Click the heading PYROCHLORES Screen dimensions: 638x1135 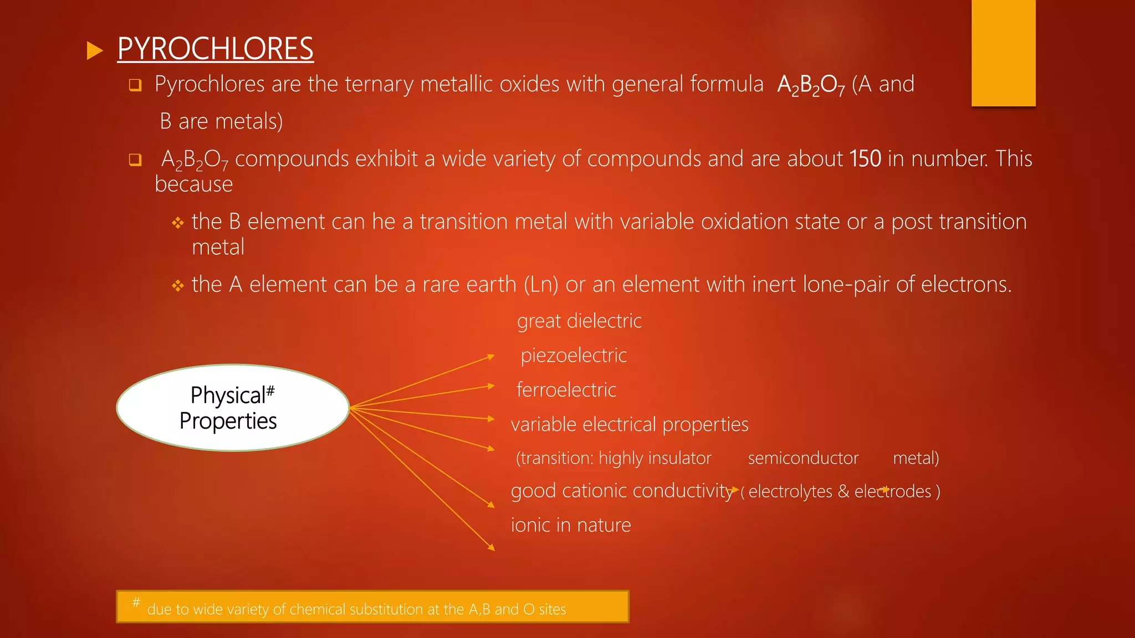pos(215,49)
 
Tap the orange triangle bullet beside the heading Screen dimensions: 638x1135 pos(95,51)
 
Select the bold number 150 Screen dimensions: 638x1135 pos(865,159)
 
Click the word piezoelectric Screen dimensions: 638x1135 pos(574,356)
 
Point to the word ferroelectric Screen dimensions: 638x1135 pos(566,390)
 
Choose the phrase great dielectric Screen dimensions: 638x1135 pos(579,321)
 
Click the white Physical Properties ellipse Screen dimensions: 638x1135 pos(232,408)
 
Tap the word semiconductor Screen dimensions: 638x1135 pos(803,458)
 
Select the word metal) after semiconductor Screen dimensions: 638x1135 pos(916,458)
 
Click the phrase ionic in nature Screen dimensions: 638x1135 pos(571,525)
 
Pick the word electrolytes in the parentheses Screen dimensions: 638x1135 pos(790,491)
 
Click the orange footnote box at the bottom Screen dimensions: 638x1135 pos(372,606)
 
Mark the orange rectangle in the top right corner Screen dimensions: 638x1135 pos(1003,53)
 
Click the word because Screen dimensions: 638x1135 pos(193,184)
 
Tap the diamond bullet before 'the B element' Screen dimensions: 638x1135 pos(177,223)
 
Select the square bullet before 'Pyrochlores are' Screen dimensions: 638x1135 pos(135,85)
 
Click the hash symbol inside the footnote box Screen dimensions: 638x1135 pos(136,602)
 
